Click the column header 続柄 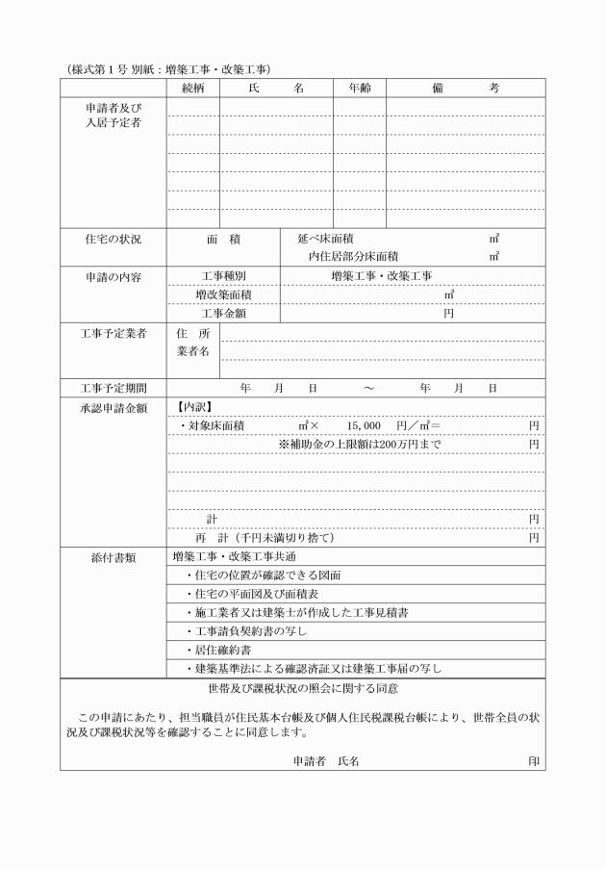click(x=192, y=88)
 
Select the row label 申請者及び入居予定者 click(x=114, y=115)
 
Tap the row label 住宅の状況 click(x=114, y=238)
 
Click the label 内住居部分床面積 click(x=353, y=256)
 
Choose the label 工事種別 click(x=223, y=276)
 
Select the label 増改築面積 click(x=223, y=294)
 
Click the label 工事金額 click(x=223, y=313)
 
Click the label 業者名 click(x=193, y=351)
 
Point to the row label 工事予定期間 click(x=114, y=388)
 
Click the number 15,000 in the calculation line click(x=365, y=425)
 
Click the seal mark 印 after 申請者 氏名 click(x=534, y=760)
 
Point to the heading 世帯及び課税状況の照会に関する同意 click(x=303, y=689)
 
